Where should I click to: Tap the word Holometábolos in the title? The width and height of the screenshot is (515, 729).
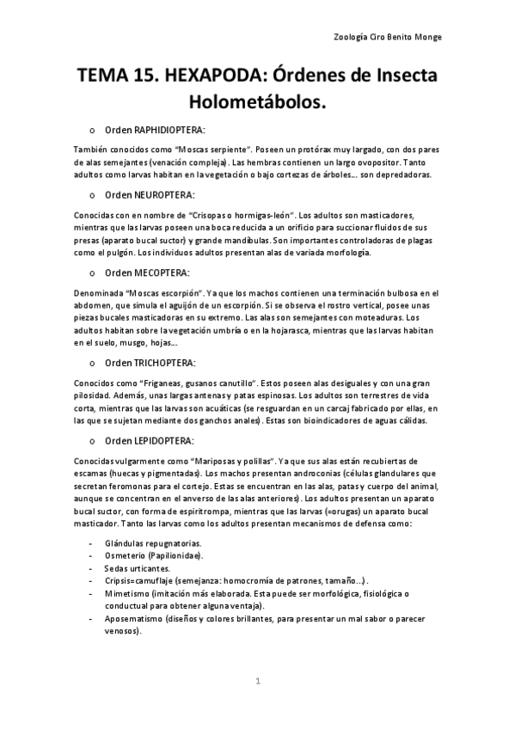click(x=258, y=103)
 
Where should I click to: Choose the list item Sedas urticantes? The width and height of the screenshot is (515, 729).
click(x=137, y=568)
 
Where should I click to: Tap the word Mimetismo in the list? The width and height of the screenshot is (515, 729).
click(x=127, y=593)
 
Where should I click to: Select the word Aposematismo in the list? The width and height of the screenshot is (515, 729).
click(x=136, y=618)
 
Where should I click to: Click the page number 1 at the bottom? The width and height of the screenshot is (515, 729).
click(x=257, y=683)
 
